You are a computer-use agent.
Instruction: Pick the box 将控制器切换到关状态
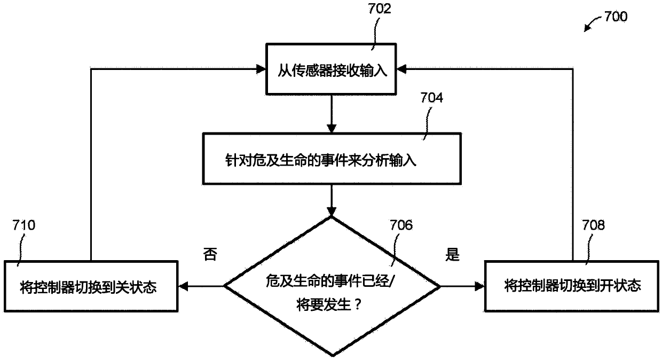(x=91, y=286)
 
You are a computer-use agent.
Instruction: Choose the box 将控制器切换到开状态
(x=571, y=286)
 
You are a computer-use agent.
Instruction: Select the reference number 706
(x=401, y=226)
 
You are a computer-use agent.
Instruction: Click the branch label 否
(x=210, y=255)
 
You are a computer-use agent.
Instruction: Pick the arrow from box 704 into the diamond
(x=332, y=200)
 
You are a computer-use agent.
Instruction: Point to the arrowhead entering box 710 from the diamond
(x=183, y=287)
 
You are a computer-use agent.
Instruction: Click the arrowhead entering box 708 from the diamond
(x=479, y=287)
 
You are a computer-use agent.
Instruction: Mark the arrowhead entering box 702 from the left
(x=262, y=68)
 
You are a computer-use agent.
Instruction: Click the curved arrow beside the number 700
(x=591, y=25)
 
